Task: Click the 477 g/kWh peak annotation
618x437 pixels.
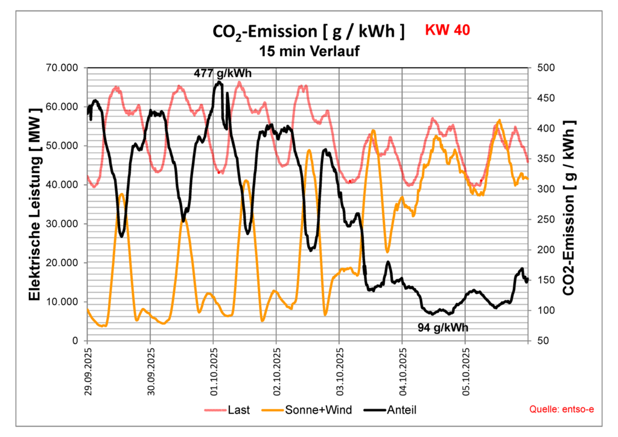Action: [223, 73]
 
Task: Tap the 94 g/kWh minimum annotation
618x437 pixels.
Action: [443, 328]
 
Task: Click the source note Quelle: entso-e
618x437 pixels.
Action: [562, 410]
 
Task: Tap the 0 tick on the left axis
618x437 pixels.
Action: [76, 341]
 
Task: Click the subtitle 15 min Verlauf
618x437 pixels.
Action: [309, 51]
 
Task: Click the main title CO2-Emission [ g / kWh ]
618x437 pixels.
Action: [308, 32]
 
